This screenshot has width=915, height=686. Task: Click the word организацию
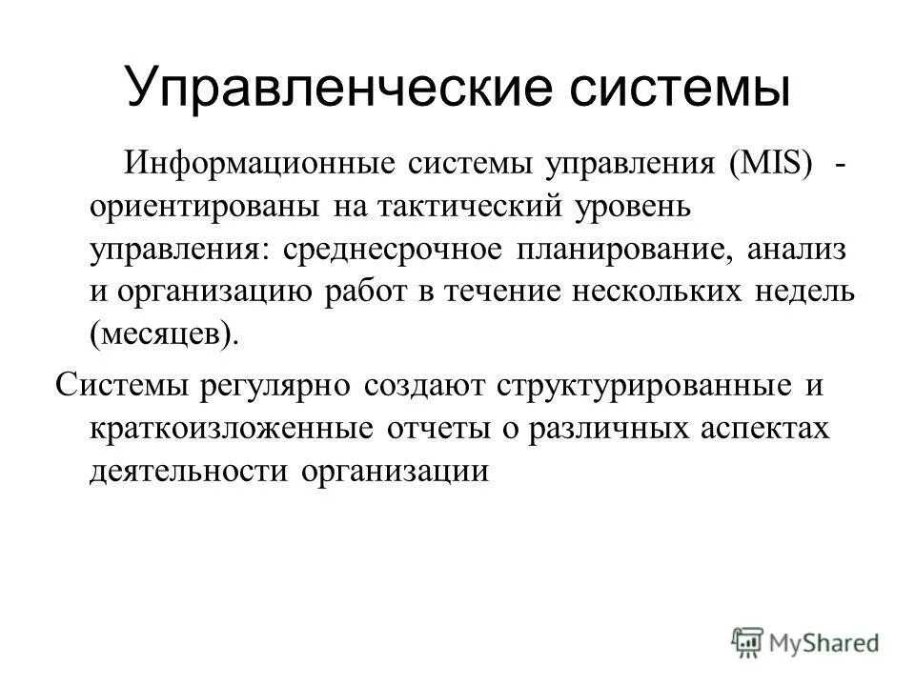(215, 292)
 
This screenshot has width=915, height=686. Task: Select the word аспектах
(762, 429)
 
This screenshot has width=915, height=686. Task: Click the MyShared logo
(805, 641)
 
